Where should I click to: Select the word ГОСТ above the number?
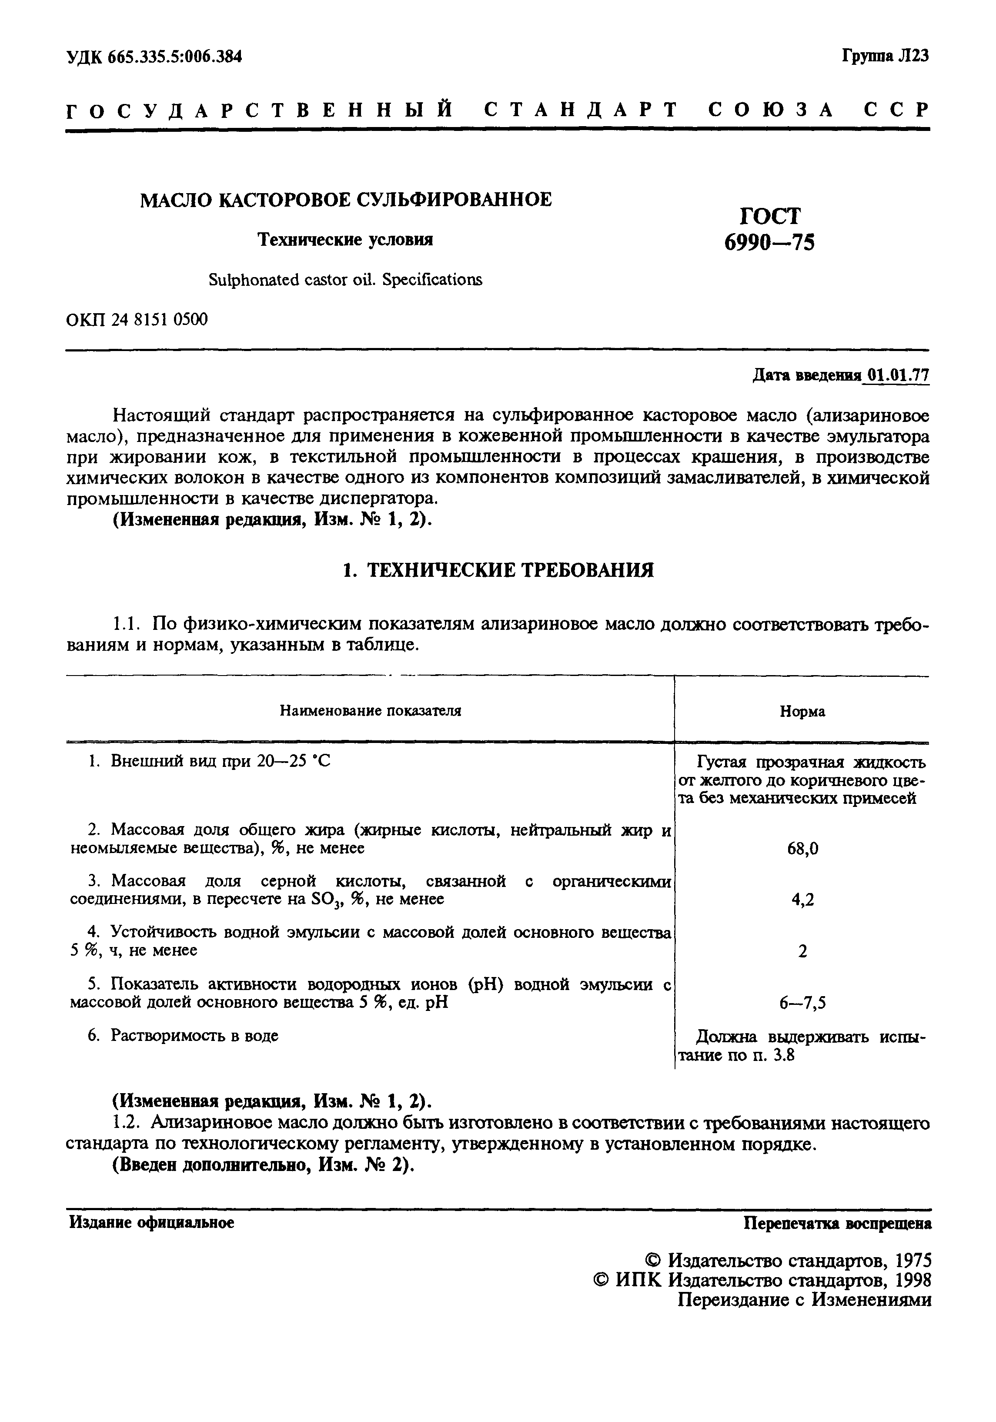pos(770,215)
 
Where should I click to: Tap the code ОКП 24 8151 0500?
pos(136,320)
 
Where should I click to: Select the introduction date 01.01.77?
pos(898,375)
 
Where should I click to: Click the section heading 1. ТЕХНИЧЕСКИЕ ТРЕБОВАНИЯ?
pos(498,570)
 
